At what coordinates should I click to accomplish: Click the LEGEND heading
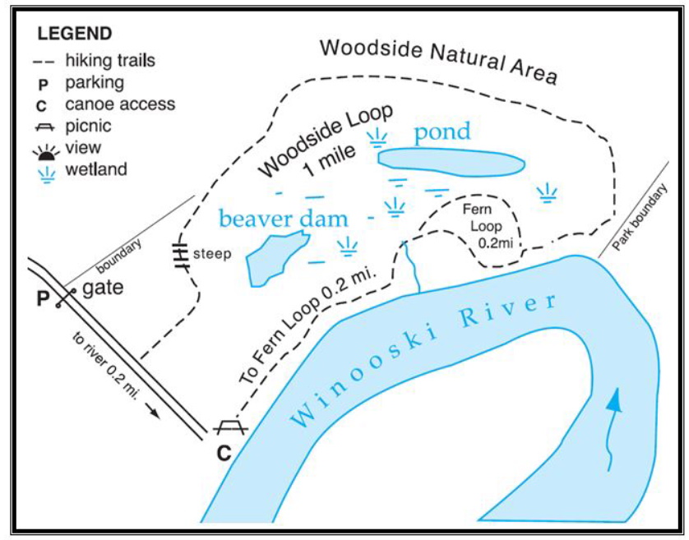(74, 34)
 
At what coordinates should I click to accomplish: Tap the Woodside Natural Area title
(438, 61)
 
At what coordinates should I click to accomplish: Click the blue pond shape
(451, 162)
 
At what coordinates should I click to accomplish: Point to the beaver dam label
(284, 219)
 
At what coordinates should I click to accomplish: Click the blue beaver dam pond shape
(275, 259)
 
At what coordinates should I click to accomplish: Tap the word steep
(212, 253)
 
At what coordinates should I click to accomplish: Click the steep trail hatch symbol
(181, 256)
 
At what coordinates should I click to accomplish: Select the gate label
(103, 288)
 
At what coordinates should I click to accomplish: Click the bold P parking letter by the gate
(43, 299)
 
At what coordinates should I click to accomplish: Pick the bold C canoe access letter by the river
(224, 453)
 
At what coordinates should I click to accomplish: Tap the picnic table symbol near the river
(231, 427)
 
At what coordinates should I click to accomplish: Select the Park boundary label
(640, 217)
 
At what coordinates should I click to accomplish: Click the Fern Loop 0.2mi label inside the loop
(487, 226)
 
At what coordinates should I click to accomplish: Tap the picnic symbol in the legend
(44, 127)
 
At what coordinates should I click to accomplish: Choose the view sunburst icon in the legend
(46, 152)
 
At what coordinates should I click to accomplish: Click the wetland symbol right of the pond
(547, 193)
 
